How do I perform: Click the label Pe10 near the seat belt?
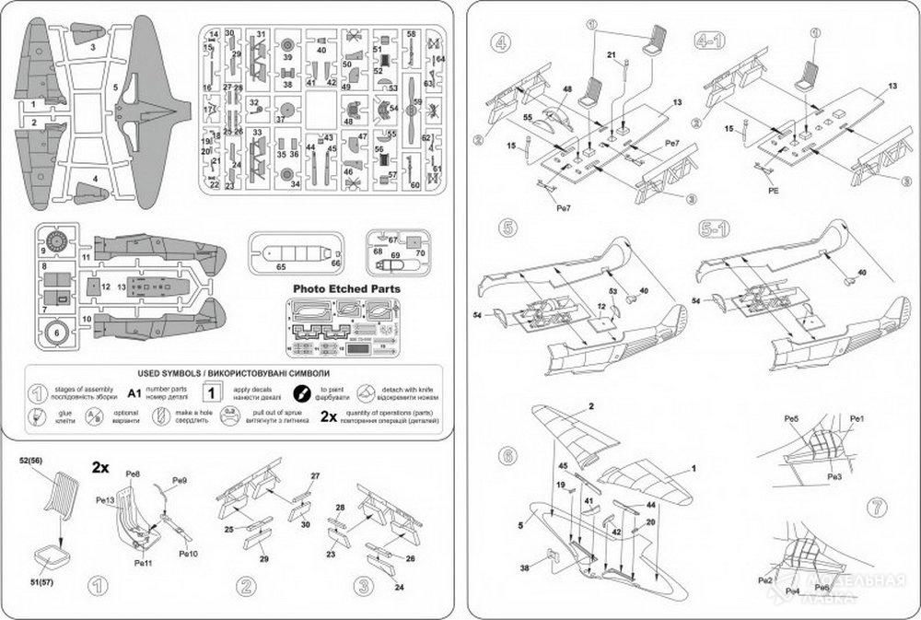click(188, 553)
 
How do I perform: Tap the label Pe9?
click(181, 481)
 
